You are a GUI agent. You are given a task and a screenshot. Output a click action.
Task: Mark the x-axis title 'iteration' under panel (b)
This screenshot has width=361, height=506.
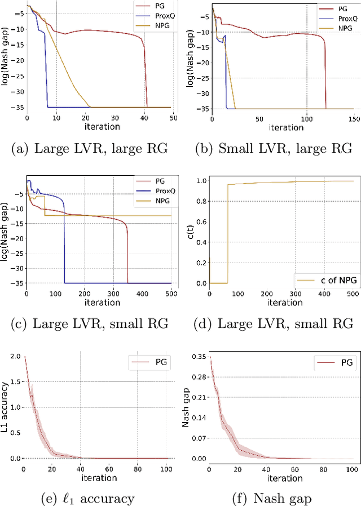[x=285, y=127]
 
